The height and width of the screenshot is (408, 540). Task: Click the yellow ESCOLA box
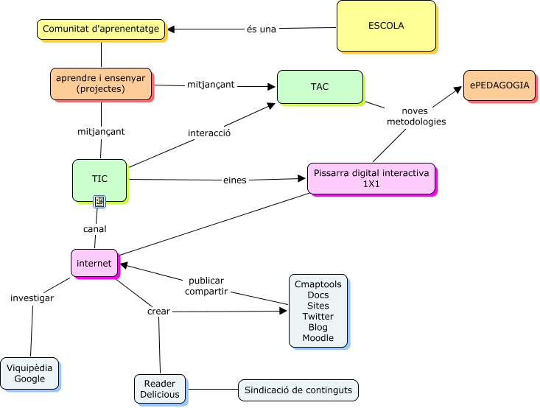pyautogui.click(x=386, y=27)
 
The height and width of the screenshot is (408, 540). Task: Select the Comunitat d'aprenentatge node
pyautogui.click(x=101, y=29)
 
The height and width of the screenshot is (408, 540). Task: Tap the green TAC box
pyautogui.click(x=320, y=87)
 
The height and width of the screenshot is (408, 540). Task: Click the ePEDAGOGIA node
pyautogui.click(x=499, y=85)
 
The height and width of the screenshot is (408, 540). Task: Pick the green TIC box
pyautogui.click(x=99, y=180)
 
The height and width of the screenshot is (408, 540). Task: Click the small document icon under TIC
pyautogui.click(x=99, y=202)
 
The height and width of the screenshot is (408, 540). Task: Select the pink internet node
pyautogui.click(x=94, y=263)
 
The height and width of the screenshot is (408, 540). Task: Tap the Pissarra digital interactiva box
pyautogui.click(x=371, y=178)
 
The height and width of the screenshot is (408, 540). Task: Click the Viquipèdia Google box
pyautogui.click(x=29, y=373)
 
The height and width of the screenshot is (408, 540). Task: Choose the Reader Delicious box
pyautogui.click(x=160, y=389)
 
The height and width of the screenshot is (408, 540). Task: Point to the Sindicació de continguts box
pyautogui.click(x=298, y=390)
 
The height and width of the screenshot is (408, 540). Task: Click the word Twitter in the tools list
pyautogui.click(x=318, y=317)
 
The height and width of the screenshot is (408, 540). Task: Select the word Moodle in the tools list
pyautogui.click(x=318, y=338)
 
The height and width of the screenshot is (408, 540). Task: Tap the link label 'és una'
pyautogui.click(x=262, y=29)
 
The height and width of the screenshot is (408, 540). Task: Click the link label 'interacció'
pyautogui.click(x=209, y=133)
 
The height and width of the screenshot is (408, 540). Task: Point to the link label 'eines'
pyautogui.click(x=234, y=180)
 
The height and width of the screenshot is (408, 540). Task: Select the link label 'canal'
pyautogui.click(x=95, y=229)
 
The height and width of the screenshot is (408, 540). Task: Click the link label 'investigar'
pyautogui.click(x=32, y=298)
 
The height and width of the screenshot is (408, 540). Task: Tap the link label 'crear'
pyautogui.click(x=158, y=312)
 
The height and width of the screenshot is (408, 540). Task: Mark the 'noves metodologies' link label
pyautogui.click(x=416, y=116)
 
